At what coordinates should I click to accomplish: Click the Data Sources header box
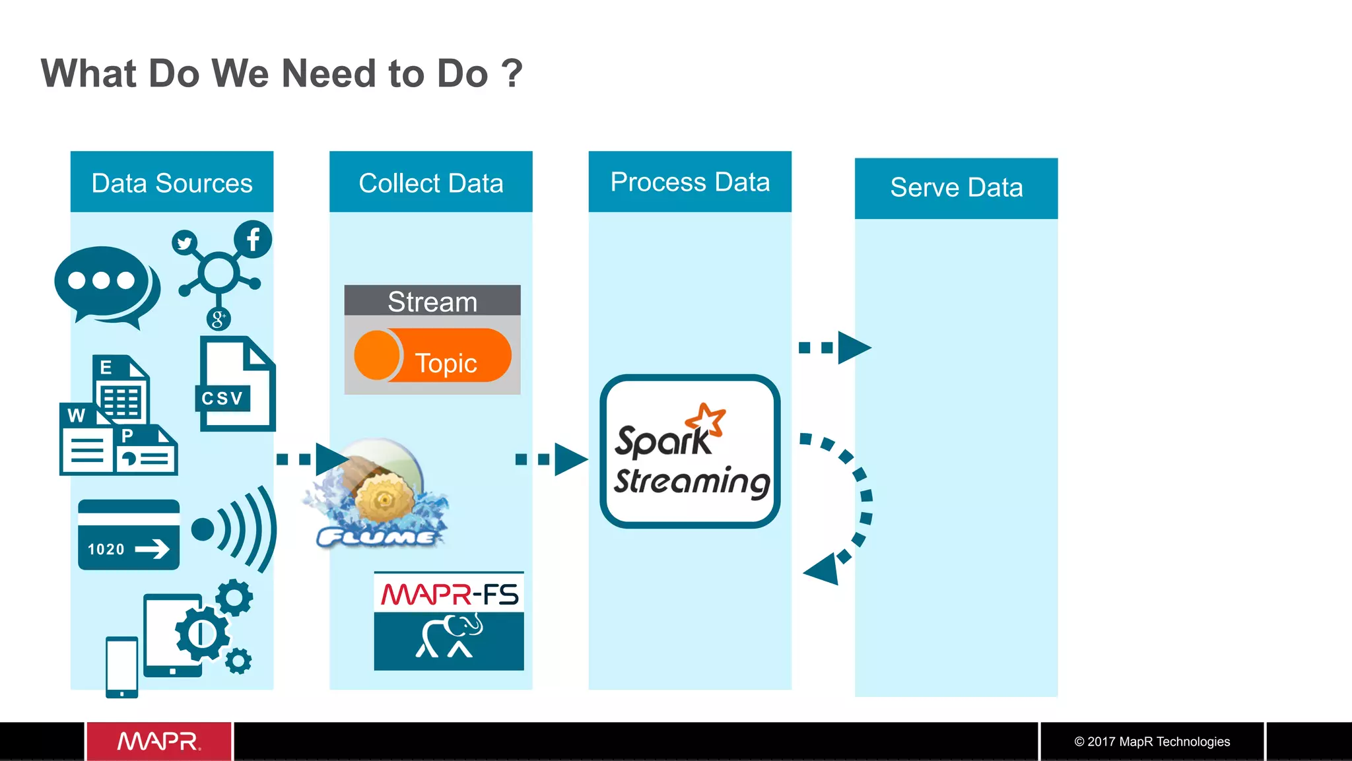172,182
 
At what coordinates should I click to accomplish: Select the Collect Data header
430,182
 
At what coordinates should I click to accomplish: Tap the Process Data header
689,182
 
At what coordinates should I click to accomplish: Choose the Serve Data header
956,188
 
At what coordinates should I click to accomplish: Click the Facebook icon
253,239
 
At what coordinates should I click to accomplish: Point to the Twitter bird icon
184,243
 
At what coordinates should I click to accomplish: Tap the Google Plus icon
218,319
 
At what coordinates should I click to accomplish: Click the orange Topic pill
433,356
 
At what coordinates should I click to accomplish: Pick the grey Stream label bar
432,301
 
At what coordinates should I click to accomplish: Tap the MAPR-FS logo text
449,594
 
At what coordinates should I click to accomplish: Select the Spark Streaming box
690,451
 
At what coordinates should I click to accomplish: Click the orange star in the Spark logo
705,420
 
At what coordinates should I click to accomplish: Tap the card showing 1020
128,535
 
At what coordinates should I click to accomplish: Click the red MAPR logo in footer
158,741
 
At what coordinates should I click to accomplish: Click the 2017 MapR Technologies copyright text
1152,741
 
